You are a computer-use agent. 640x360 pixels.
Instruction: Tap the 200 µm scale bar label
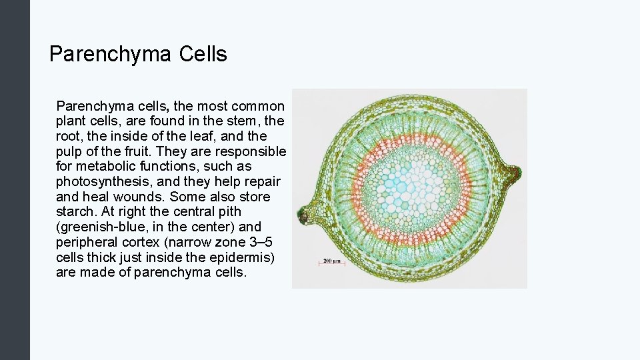tap(332, 261)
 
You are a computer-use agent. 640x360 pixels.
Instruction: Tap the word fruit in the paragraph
tap(127, 151)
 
